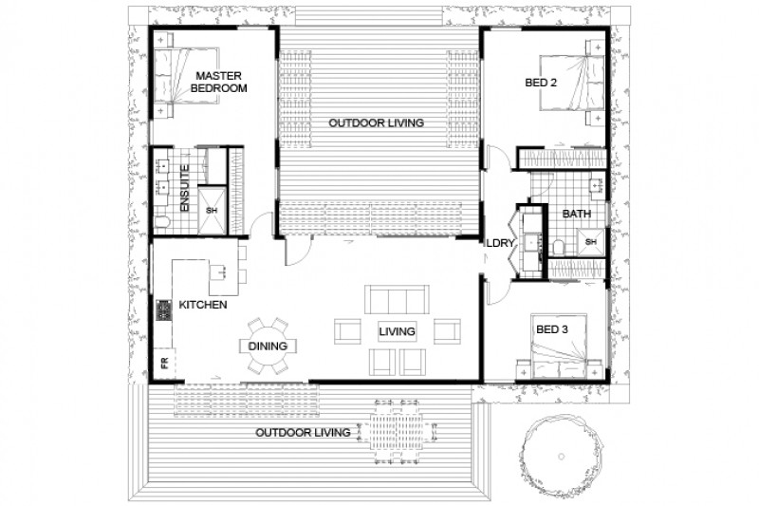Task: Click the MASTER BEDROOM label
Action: [219, 81]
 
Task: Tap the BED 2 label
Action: [542, 84]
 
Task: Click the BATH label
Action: [576, 215]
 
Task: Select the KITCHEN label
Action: [203, 306]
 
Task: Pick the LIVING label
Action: [398, 331]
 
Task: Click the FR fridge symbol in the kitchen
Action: [163, 363]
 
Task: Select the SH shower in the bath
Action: [590, 242]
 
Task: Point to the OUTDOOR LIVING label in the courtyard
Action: [377, 123]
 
